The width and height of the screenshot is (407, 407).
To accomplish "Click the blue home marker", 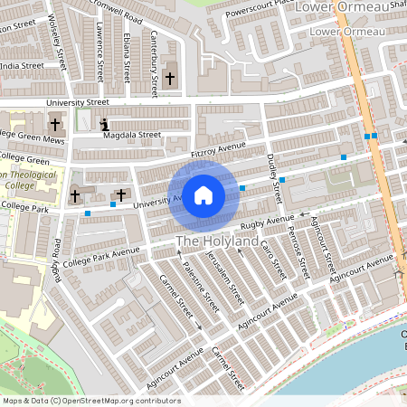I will click(x=203, y=194).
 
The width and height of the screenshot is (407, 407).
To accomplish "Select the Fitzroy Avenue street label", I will click(x=219, y=150).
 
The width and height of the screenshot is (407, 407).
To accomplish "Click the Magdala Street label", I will click(x=131, y=135).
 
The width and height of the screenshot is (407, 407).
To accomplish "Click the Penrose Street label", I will click(x=298, y=256).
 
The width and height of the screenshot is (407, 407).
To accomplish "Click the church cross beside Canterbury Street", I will click(x=170, y=80).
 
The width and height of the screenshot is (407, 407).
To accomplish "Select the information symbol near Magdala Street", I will click(x=105, y=124).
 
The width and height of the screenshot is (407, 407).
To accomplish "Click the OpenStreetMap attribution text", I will click(x=91, y=401).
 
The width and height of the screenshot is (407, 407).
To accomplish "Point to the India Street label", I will click(x=22, y=65).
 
